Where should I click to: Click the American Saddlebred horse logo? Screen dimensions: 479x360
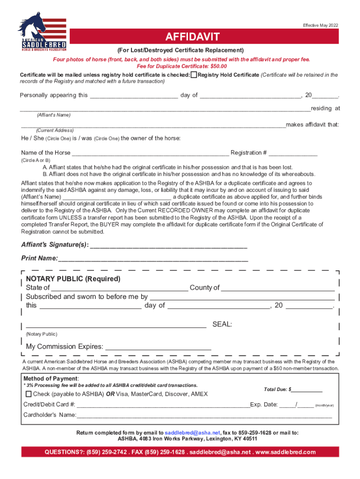(x=42, y=32)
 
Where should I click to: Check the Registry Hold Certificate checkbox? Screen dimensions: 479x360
(x=194, y=75)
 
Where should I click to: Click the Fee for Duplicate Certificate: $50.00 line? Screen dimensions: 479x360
(x=180, y=66)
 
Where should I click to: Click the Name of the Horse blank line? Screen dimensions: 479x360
(x=150, y=152)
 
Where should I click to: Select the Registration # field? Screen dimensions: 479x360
(x=293, y=152)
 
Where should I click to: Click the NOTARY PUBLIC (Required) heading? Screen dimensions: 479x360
(x=73, y=279)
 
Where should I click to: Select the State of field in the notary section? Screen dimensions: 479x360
(x=119, y=287)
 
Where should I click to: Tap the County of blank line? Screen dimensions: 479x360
(x=278, y=287)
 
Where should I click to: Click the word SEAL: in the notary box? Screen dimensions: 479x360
(x=222, y=324)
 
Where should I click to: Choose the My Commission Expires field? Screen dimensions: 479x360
(x=158, y=347)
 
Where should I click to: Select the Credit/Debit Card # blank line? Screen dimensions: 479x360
(x=163, y=405)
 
